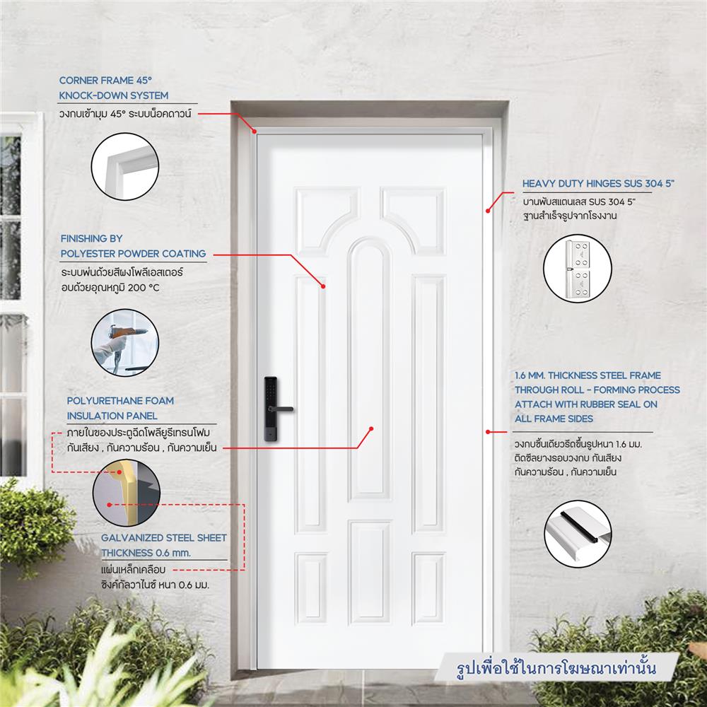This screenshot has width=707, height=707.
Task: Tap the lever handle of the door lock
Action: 285,408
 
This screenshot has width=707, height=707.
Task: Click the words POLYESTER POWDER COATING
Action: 133,253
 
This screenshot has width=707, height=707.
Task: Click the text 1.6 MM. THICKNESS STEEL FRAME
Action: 588,375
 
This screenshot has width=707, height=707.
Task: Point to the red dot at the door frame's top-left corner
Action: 255,131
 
